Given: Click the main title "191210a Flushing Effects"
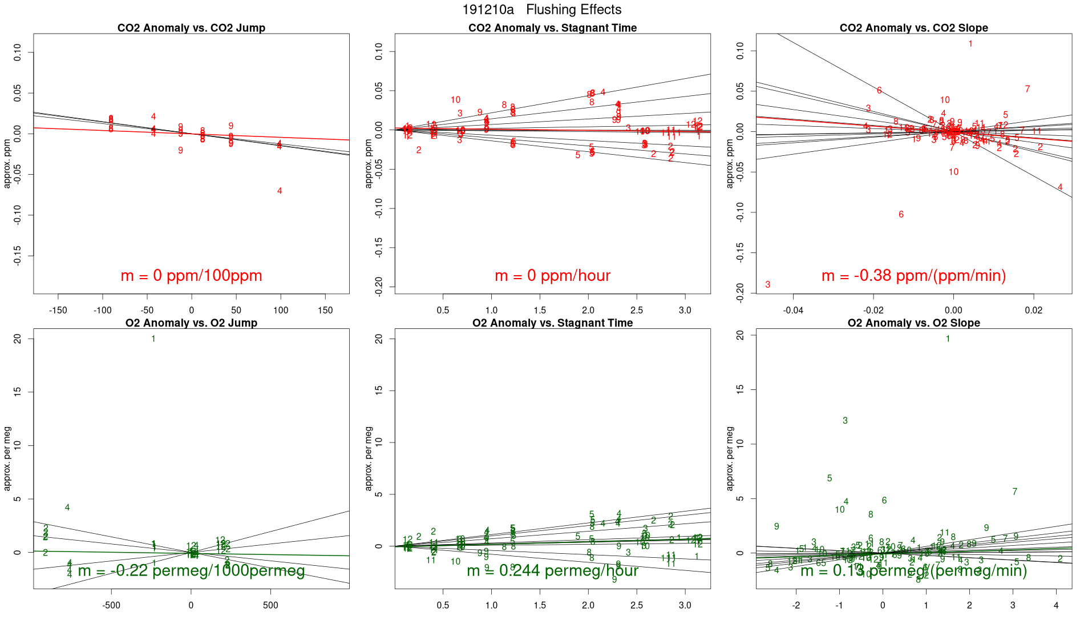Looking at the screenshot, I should click(541, 10).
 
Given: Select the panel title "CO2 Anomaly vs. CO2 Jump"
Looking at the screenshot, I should click(191, 28).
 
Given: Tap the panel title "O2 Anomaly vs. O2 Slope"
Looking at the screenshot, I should click(913, 323).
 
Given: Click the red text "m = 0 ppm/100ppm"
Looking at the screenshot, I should click(191, 276).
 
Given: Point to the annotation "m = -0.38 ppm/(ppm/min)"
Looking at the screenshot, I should click(913, 276).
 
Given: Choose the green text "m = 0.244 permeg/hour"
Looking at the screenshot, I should click(552, 570).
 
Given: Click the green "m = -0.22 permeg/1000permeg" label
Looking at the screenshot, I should click(191, 570).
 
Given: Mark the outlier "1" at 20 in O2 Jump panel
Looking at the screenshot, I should click(153, 339).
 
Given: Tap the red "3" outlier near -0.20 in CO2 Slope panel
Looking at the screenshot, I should click(768, 284).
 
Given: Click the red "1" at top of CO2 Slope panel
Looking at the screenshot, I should click(970, 44).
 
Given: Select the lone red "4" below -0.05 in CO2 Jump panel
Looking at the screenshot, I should click(280, 191).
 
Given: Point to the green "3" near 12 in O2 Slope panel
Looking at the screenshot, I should click(845, 421).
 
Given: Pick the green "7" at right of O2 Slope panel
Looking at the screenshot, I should click(1014, 492).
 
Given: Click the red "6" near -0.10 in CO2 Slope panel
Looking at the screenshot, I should click(901, 215).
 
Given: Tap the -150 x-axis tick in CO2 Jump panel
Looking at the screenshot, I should click(58, 311).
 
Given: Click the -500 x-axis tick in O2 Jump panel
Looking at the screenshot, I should click(111, 605).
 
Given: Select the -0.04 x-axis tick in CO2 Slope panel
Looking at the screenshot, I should click(793, 311).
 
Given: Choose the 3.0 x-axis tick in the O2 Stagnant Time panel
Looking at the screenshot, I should click(685, 605).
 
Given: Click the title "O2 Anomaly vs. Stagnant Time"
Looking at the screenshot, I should click(552, 323).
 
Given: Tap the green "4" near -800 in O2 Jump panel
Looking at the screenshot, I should click(67, 508).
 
